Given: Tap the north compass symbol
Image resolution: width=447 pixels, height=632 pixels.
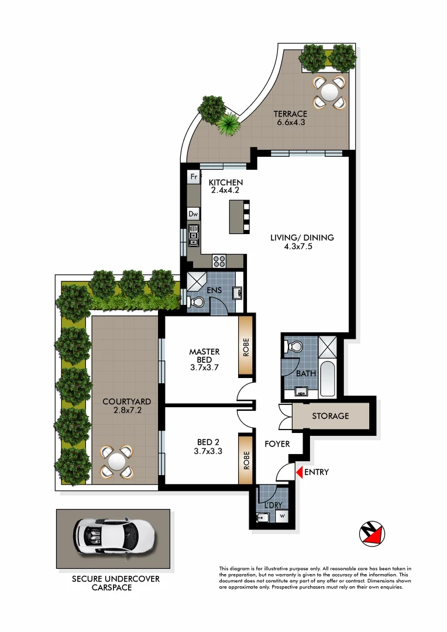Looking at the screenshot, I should tap(372, 533).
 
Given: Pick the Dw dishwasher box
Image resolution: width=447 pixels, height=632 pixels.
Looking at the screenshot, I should tap(193, 215).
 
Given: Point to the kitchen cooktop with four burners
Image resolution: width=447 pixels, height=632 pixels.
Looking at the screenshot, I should tap(219, 261).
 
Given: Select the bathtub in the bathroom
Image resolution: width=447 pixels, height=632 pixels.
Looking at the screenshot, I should tap(328, 380).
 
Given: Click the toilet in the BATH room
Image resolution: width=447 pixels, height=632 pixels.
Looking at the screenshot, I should tap(293, 348).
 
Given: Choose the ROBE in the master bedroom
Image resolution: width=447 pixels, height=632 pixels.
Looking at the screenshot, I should tap(246, 346).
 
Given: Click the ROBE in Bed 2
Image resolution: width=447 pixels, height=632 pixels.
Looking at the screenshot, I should tap(246, 458).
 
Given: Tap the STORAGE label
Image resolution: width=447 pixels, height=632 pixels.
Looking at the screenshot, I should tap(330, 416).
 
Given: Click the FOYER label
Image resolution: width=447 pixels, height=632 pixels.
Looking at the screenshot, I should tap(277, 444).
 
